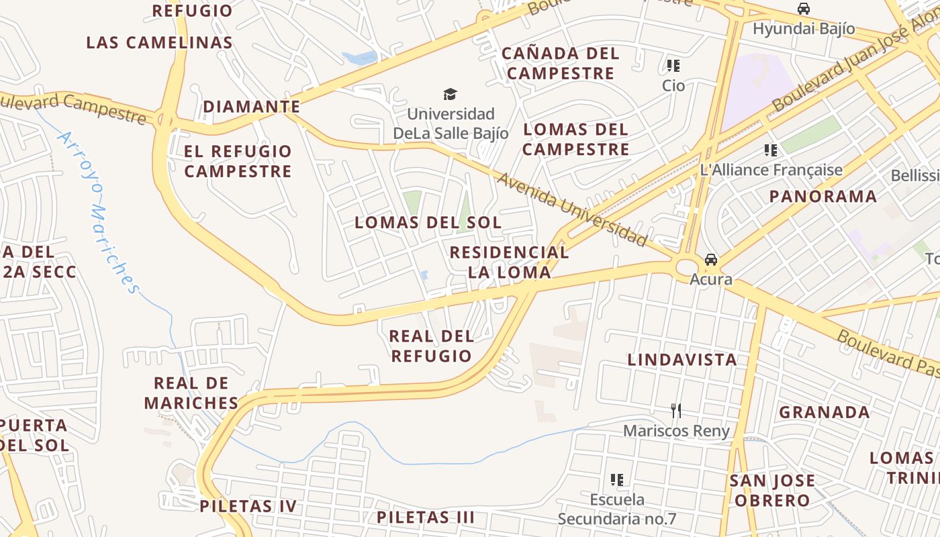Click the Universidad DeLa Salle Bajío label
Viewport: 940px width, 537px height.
(x=451, y=124)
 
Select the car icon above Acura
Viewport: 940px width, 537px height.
(x=710, y=260)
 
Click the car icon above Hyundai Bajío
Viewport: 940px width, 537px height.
(x=803, y=9)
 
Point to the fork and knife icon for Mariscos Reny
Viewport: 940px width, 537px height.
(x=676, y=410)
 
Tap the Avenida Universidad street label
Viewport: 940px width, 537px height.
(x=572, y=209)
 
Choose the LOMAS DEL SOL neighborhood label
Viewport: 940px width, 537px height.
(x=428, y=222)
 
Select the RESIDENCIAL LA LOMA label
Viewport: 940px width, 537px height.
(x=509, y=262)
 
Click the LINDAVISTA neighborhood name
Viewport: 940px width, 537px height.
(x=682, y=360)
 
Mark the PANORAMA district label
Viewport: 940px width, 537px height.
(x=822, y=197)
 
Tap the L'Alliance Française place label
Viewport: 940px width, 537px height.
(x=771, y=170)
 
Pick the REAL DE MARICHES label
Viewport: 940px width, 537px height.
(x=191, y=393)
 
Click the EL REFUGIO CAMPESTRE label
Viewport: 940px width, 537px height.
(x=238, y=161)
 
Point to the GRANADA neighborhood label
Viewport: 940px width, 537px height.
(x=824, y=412)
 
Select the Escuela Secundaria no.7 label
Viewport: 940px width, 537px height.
(x=616, y=509)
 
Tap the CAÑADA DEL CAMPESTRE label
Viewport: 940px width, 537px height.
(x=560, y=63)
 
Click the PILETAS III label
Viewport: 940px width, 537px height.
(x=425, y=518)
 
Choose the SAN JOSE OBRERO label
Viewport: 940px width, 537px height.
(x=772, y=491)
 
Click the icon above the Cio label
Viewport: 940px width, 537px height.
(x=673, y=66)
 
